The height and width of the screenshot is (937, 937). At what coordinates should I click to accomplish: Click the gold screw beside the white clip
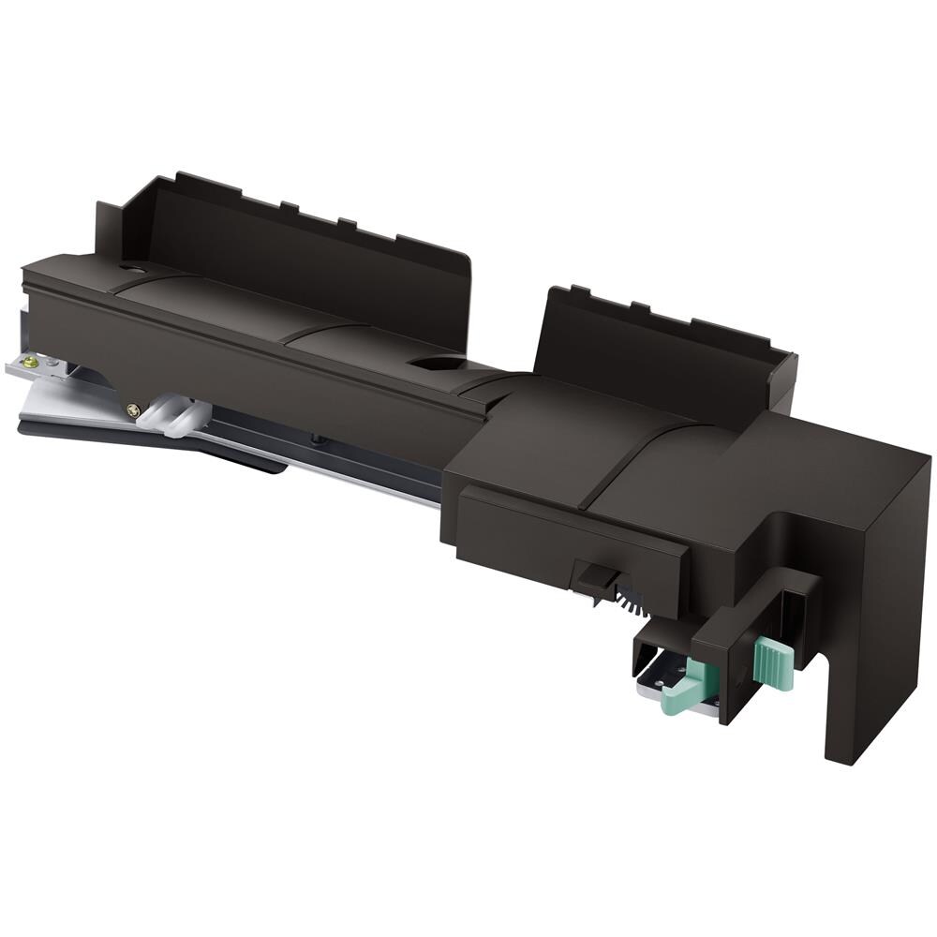[x=134, y=409]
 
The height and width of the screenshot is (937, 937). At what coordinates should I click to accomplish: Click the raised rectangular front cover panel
[x=572, y=543]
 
